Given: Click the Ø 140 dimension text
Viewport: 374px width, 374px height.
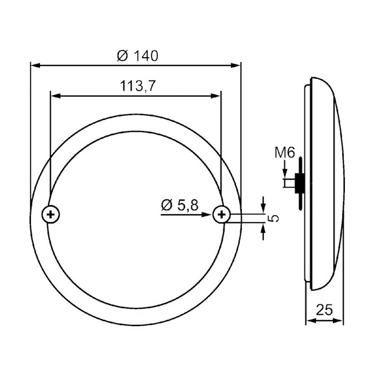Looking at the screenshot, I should click(138, 56).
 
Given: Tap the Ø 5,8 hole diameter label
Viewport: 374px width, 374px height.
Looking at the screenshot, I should click(180, 204).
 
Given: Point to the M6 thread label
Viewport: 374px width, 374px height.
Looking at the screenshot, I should click(285, 153).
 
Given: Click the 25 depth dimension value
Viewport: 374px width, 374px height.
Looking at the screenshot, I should click(325, 310).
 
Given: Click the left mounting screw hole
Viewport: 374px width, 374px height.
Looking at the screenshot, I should click(51, 214).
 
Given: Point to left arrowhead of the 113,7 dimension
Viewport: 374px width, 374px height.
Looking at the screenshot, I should click(54, 96).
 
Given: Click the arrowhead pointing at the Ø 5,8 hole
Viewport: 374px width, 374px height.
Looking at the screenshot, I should click(209, 214).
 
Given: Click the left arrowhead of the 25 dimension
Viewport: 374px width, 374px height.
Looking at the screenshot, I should click(309, 321).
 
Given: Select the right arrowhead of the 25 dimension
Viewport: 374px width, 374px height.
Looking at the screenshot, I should click(340, 321).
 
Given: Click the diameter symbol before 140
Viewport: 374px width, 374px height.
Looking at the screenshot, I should click(122, 56).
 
